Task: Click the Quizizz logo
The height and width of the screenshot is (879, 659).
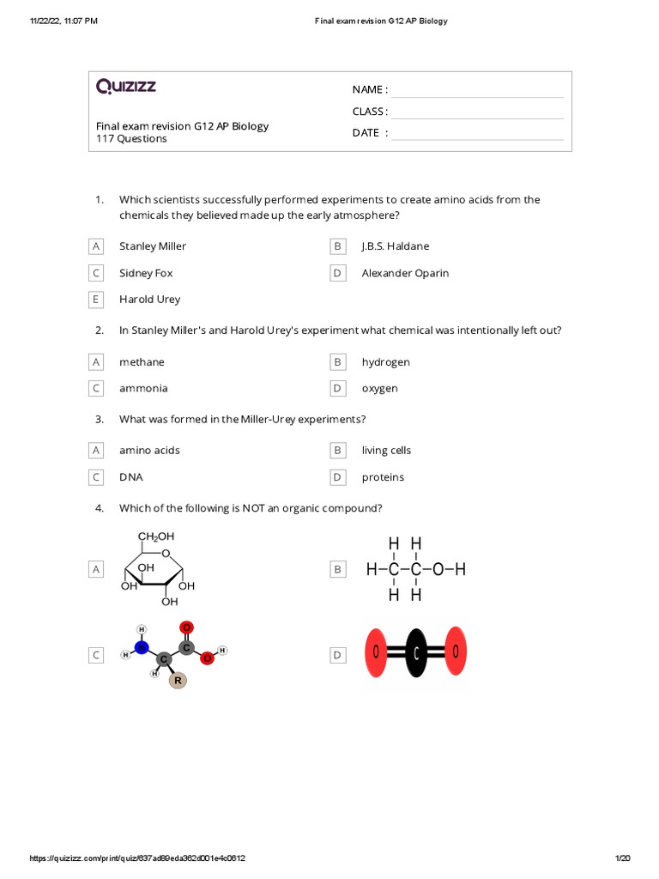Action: (125, 86)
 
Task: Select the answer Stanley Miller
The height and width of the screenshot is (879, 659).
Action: (152, 246)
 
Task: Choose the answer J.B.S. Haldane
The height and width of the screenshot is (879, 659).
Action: (395, 246)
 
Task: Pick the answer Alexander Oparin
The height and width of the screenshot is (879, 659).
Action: (405, 273)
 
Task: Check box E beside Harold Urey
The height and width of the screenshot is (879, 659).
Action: (96, 300)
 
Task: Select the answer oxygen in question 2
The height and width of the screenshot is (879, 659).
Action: (379, 388)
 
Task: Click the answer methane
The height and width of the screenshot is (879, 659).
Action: (142, 362)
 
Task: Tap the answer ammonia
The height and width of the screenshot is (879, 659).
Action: (143, 388)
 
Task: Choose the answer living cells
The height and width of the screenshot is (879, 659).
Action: (386, 450)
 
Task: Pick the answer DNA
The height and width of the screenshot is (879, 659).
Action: (130, 477)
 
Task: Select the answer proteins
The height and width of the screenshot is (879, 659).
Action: (383, 477)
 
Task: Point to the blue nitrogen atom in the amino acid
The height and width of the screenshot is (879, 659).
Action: (142, 647)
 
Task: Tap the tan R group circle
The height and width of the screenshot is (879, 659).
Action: (178, 681)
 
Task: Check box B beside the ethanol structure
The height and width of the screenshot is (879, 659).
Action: (338, 569)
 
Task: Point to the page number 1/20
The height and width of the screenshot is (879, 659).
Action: (622, 858)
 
